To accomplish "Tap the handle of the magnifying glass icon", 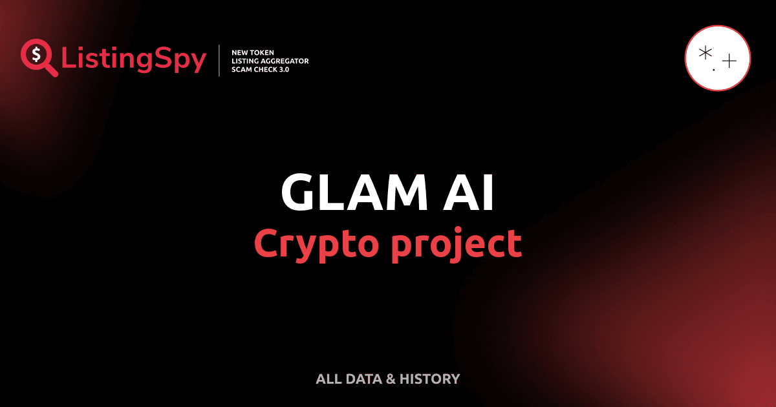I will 51,70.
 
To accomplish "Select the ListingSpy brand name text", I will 134,60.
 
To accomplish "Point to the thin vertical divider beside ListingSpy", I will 220,61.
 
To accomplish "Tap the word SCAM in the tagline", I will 241,69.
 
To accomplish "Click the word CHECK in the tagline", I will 266,69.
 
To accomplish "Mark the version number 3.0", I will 285,69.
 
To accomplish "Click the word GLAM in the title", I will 347,193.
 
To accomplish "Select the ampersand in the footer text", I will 391,379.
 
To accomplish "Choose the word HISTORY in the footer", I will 429,379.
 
